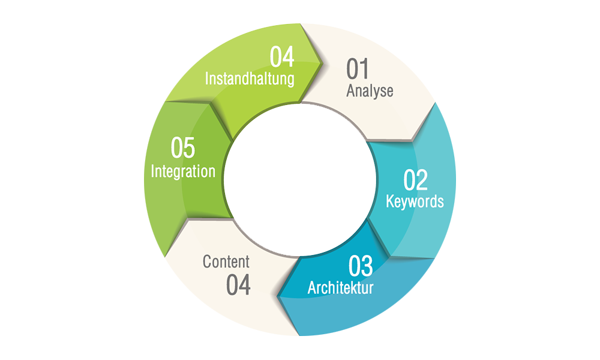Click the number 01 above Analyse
point(357,69)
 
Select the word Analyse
point(370,91)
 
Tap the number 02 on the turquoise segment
point(415,180)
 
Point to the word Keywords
point(415,201)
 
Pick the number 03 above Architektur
point(361,266)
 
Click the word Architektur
point(341,287)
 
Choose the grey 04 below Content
point(238,284)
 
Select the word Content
point(226,262)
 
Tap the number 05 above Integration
point(182,148)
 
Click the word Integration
point(183,171)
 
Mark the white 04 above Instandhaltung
point(281,56)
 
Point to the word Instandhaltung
point(250,79)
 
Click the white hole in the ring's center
point(299,180)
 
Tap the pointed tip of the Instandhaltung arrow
point(322,62)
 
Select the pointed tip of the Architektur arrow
point(278,296)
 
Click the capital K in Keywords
point(389,200)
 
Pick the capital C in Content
point(206,262)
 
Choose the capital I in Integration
point(152,170)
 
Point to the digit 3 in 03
point(367,266)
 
